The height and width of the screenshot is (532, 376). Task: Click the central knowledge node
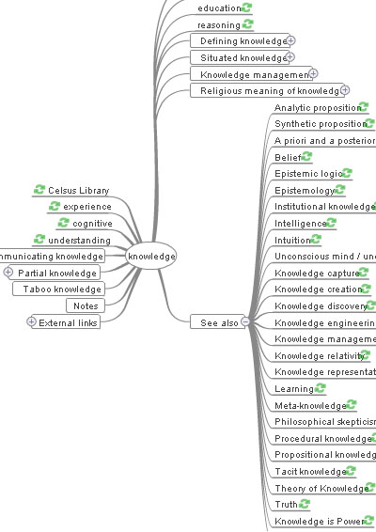click(151, 256)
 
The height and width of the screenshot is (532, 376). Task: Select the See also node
click(219, 322)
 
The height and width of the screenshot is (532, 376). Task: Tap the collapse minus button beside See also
click(245, 322)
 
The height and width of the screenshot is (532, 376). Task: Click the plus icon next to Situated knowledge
click(290, 58)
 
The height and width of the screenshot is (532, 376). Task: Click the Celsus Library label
click(79, 190)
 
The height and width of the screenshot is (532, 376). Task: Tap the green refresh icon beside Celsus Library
click(39, 190)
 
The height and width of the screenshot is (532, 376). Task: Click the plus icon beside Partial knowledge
click(8, 273)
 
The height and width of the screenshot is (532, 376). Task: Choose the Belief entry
click(287, 157)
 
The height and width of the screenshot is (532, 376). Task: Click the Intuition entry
click(292, 240)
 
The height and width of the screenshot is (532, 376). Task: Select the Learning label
click(288, 388)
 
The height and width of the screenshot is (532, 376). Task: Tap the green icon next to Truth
click(305, 505)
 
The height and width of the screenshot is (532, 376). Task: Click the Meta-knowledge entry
click(309, 405)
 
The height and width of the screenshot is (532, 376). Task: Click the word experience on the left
click(87, 207)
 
